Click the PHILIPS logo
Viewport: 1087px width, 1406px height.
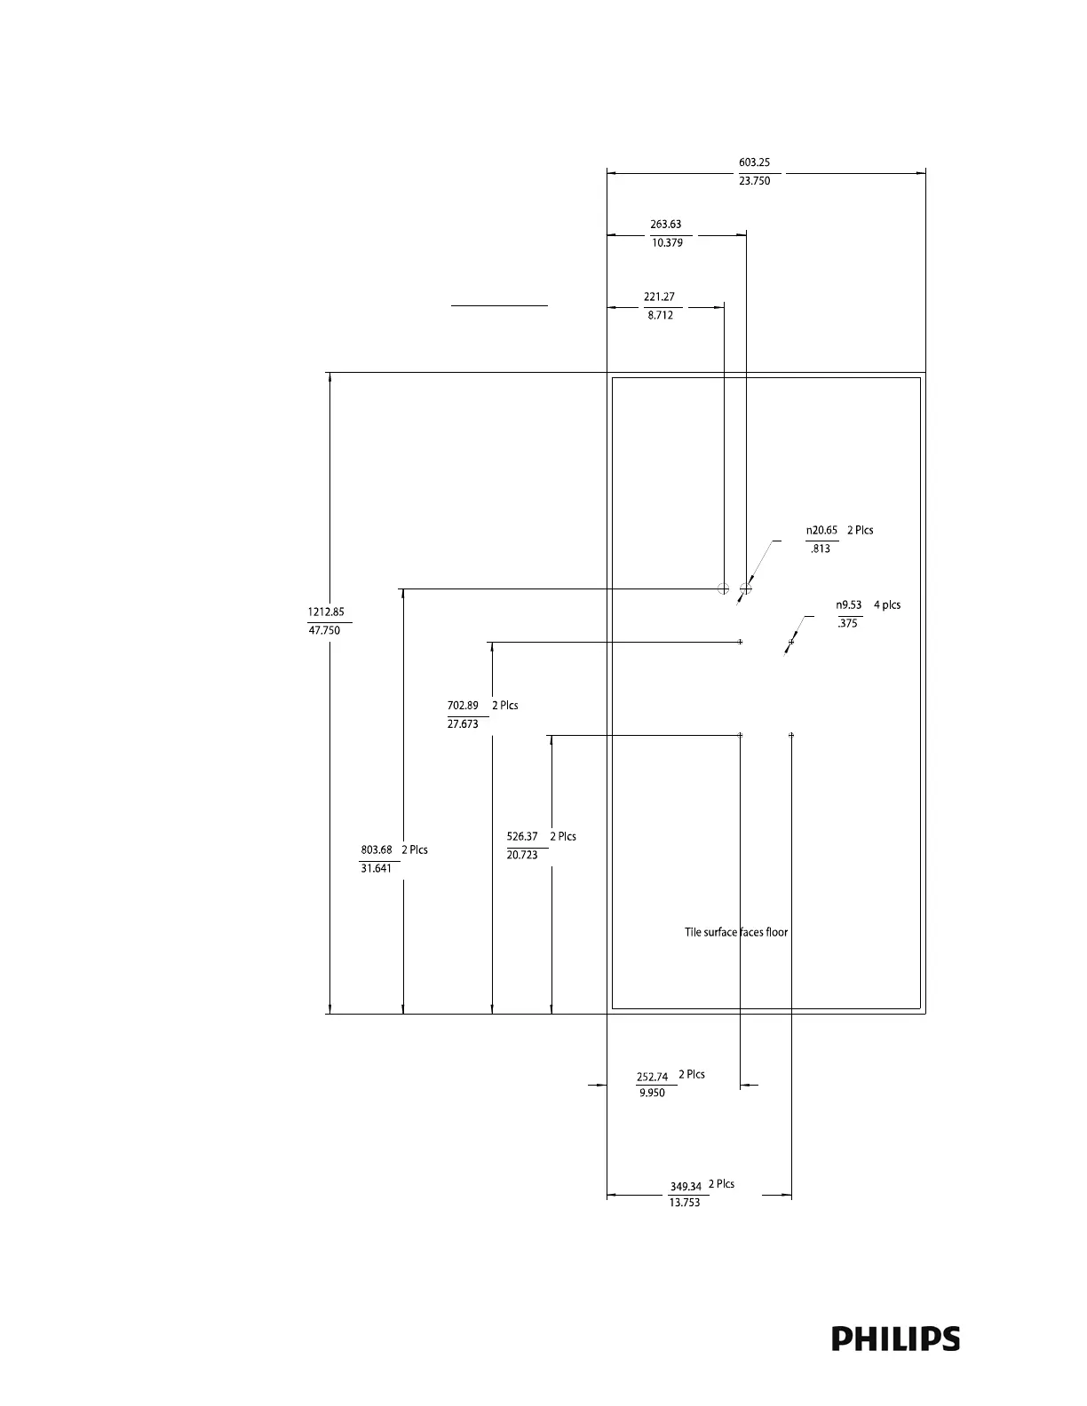pos(895,1339)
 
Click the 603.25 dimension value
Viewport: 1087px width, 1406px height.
pos(754,162)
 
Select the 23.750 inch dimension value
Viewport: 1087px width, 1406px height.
pos(754,181)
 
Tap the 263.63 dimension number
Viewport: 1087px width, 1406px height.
pos(666,225)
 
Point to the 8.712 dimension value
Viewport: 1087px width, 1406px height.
pos(660,315)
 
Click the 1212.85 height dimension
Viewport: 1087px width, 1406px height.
pos(326,612)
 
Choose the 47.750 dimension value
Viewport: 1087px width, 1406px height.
pos(324,630)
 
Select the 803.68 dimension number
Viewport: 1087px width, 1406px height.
pos(377,849)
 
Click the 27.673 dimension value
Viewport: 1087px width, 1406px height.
pos(463,724)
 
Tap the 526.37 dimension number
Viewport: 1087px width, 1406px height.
pos(522,836)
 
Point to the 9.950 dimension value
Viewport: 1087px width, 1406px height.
pos(652,1093)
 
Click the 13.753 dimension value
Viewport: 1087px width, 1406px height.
pos(684,1203)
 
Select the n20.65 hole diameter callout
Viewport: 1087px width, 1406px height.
pos(821,530)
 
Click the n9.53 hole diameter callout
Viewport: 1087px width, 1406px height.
pos(849,604)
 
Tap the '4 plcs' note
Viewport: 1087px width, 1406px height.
pos(886,604)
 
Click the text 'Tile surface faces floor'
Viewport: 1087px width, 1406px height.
pos(736,932)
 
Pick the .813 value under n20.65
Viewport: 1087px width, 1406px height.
pos(821,549)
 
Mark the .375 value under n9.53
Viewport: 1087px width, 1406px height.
pos(847,623)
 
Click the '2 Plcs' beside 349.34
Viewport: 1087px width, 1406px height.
pos(721,1184)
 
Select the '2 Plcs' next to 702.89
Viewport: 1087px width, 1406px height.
pos(504,706)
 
